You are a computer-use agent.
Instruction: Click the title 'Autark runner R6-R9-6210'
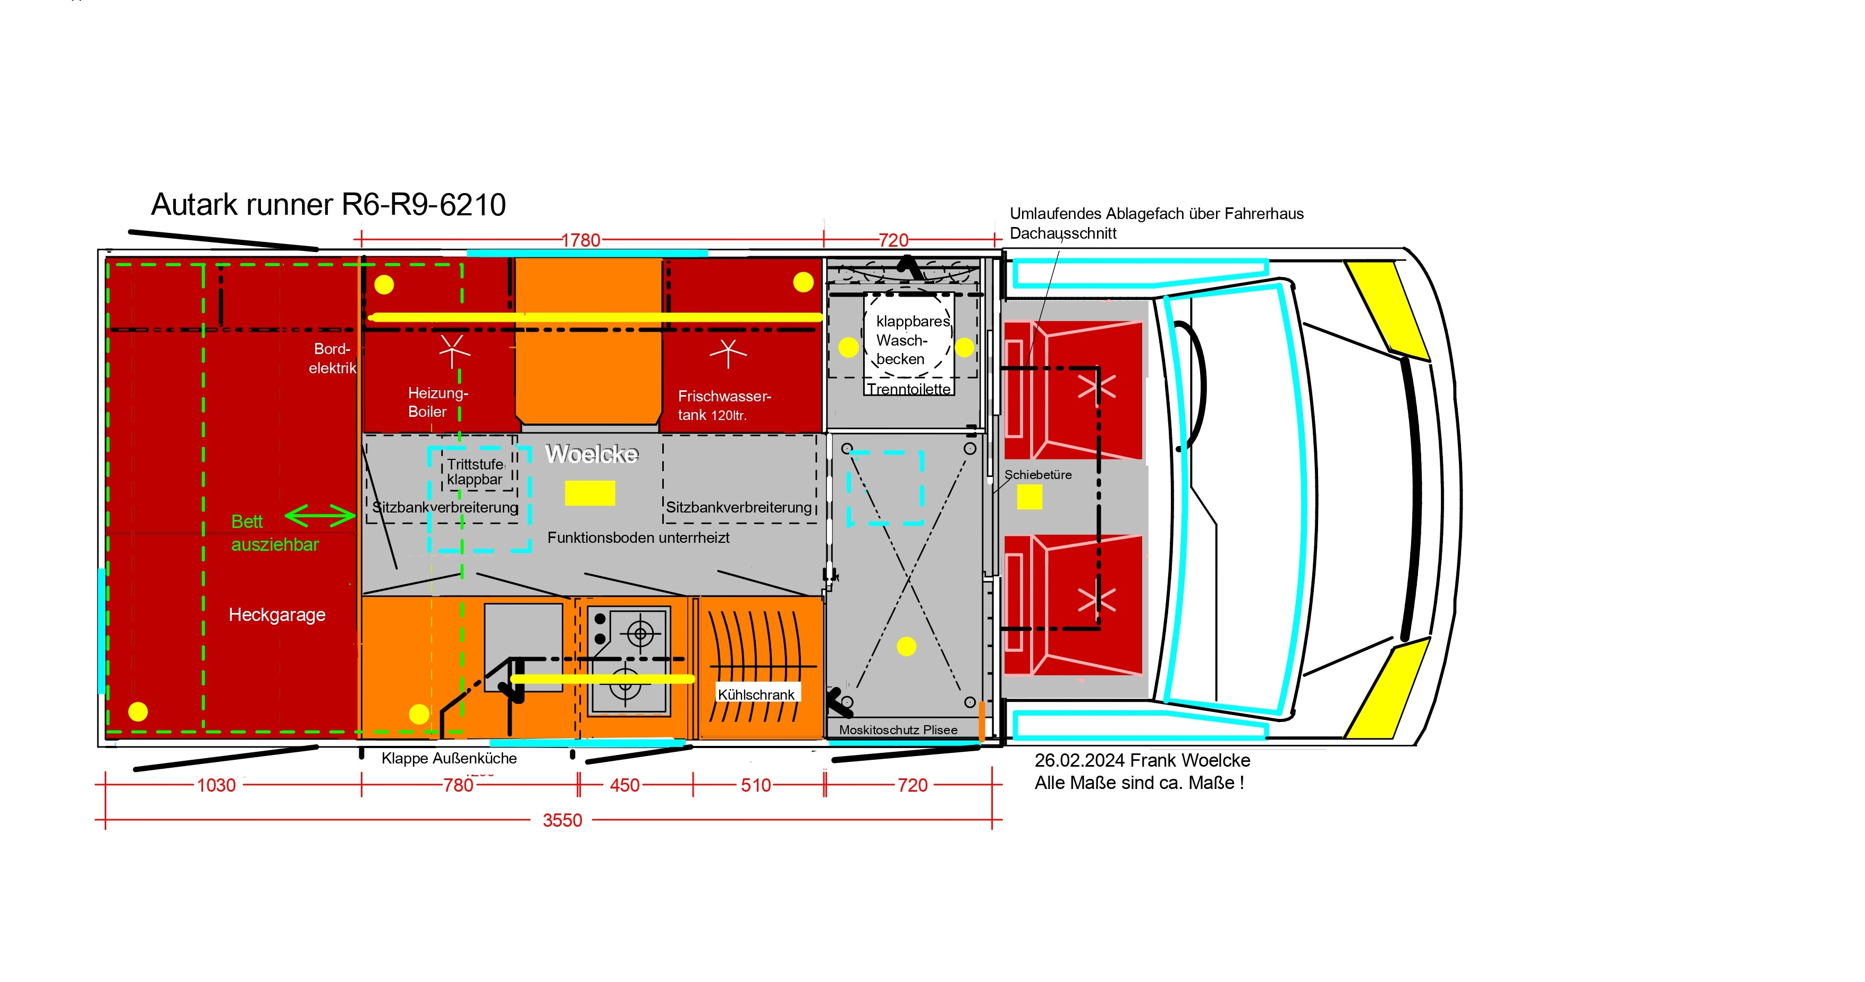click(x=328, y=205)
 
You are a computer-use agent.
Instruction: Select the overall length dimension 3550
click(x=562, y=820)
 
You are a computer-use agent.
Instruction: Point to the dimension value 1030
click(x=216, y=785)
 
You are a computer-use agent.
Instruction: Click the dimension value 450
click(x=625, y=785)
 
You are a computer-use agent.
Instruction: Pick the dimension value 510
click(x=756, y=785)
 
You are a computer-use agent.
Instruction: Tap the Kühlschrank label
click(x=756, y=694)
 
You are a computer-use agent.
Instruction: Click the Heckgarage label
click(x=277, y=615)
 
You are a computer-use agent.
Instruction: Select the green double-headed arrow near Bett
click(x=320, y=516)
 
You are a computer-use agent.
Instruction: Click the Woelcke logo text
click(x=592, y=454)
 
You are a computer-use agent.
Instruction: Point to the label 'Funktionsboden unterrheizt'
click(x=638, y=538)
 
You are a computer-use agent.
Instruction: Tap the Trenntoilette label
click(x=909, y=389)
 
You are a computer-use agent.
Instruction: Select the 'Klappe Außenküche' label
click(x=449, y=758)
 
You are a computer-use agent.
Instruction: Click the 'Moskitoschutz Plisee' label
click(x=898, y=730)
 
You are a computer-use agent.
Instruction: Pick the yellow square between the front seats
click(x=1029, y=497)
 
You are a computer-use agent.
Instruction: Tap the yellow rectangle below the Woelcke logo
click(x=590, y=493)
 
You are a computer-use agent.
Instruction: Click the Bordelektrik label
click(x=332, y=358)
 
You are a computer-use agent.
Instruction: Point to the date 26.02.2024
click(x=1079, y=760)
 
